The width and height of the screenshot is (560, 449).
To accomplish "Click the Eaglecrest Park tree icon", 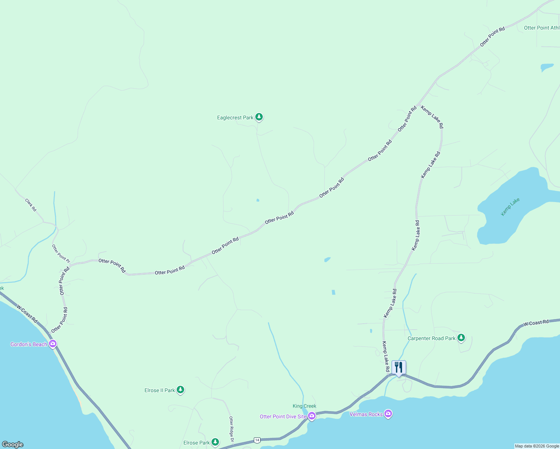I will tap(259, 117).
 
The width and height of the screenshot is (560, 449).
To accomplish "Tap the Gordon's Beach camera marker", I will tap(53, 344).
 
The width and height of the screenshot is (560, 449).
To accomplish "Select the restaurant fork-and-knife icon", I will tap(399, 367).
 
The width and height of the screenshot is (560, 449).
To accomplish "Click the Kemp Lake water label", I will tap(510, 207).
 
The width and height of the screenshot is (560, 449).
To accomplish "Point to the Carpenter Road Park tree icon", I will tap(461, 338).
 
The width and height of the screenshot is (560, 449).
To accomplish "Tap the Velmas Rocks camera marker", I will tap(388, 414).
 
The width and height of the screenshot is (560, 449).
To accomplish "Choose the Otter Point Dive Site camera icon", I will tap(311, 416).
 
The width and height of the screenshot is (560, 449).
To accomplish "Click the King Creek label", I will tap(304, 406).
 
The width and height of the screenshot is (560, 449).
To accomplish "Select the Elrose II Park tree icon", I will tap(180, 390).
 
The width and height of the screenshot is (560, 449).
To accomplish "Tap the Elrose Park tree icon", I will tap(215, 442).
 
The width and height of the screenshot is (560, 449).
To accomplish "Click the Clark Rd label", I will tap(31, 205).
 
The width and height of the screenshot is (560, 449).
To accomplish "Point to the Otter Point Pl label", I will tap(61, 253).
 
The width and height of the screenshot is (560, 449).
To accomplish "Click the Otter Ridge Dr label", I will tap(231, 429).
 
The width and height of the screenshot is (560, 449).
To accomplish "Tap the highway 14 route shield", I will tap(257, 440).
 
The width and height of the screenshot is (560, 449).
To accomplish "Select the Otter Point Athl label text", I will tap(541, 28).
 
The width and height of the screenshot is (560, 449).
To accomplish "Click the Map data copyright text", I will tap(537, 446).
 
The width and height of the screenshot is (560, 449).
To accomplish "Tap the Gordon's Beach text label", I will tap(29, 344).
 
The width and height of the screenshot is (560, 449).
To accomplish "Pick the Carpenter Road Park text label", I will tap(431, 338).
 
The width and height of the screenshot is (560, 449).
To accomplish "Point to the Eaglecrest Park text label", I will tap(235, 117).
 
